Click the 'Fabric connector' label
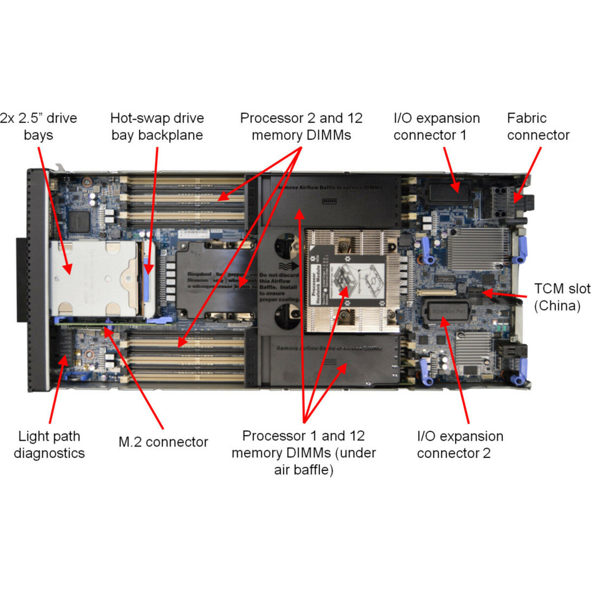click(x=538, y=126)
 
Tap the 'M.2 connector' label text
click(x=163, y=442)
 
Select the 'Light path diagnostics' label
click(x=49, y=444)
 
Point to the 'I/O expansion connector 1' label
click(x=436, y=126)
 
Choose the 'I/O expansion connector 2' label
click(x=460, y=444)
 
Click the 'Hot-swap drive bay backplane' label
click(x=157, y=126)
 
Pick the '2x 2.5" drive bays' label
click(x=39, y=126)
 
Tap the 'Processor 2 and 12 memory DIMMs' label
click(x=301, y=126)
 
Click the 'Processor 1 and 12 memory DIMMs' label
click(x=303, y=452)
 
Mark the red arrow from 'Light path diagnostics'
click(x=57, y=389)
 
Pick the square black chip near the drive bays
click(x=79, y=221)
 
